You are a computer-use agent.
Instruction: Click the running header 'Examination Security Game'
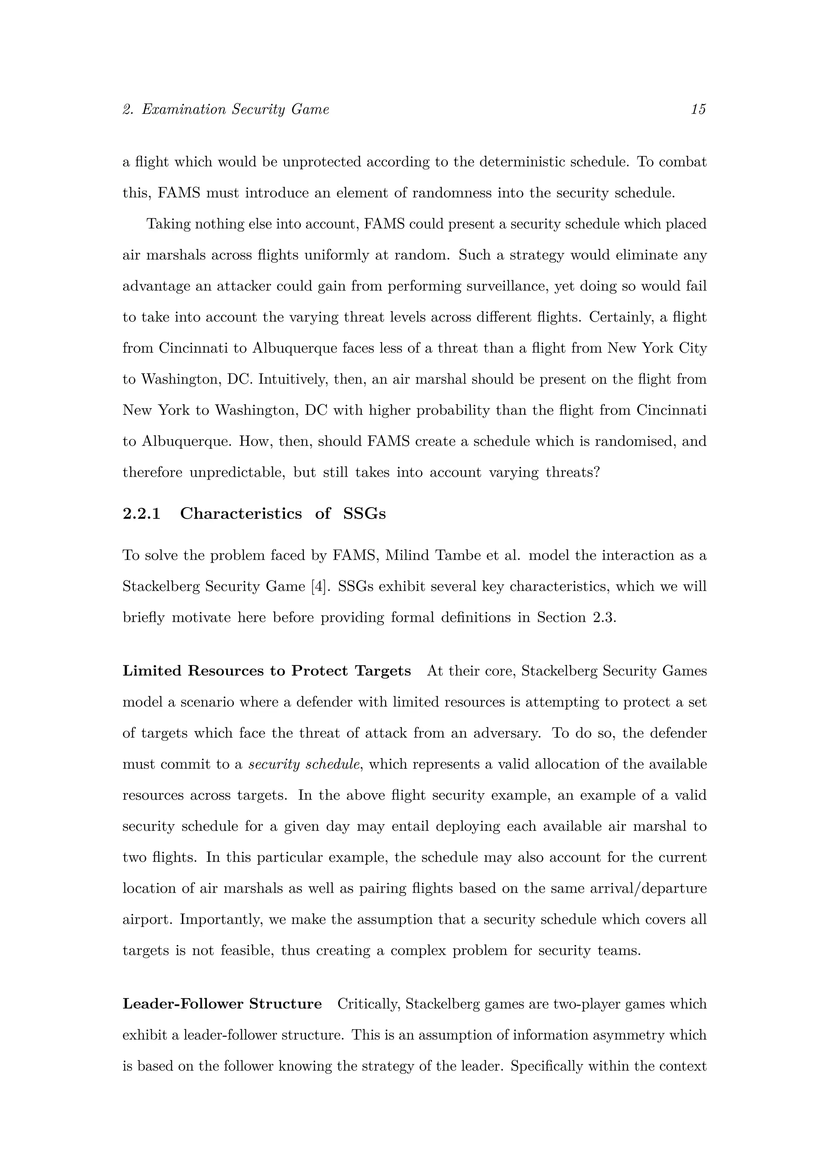click(235, 109)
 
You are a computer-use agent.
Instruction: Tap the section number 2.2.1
click(141, 514)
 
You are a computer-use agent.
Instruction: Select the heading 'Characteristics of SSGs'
click(282, 514)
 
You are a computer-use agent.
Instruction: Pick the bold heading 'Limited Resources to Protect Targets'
click(266, 671)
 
